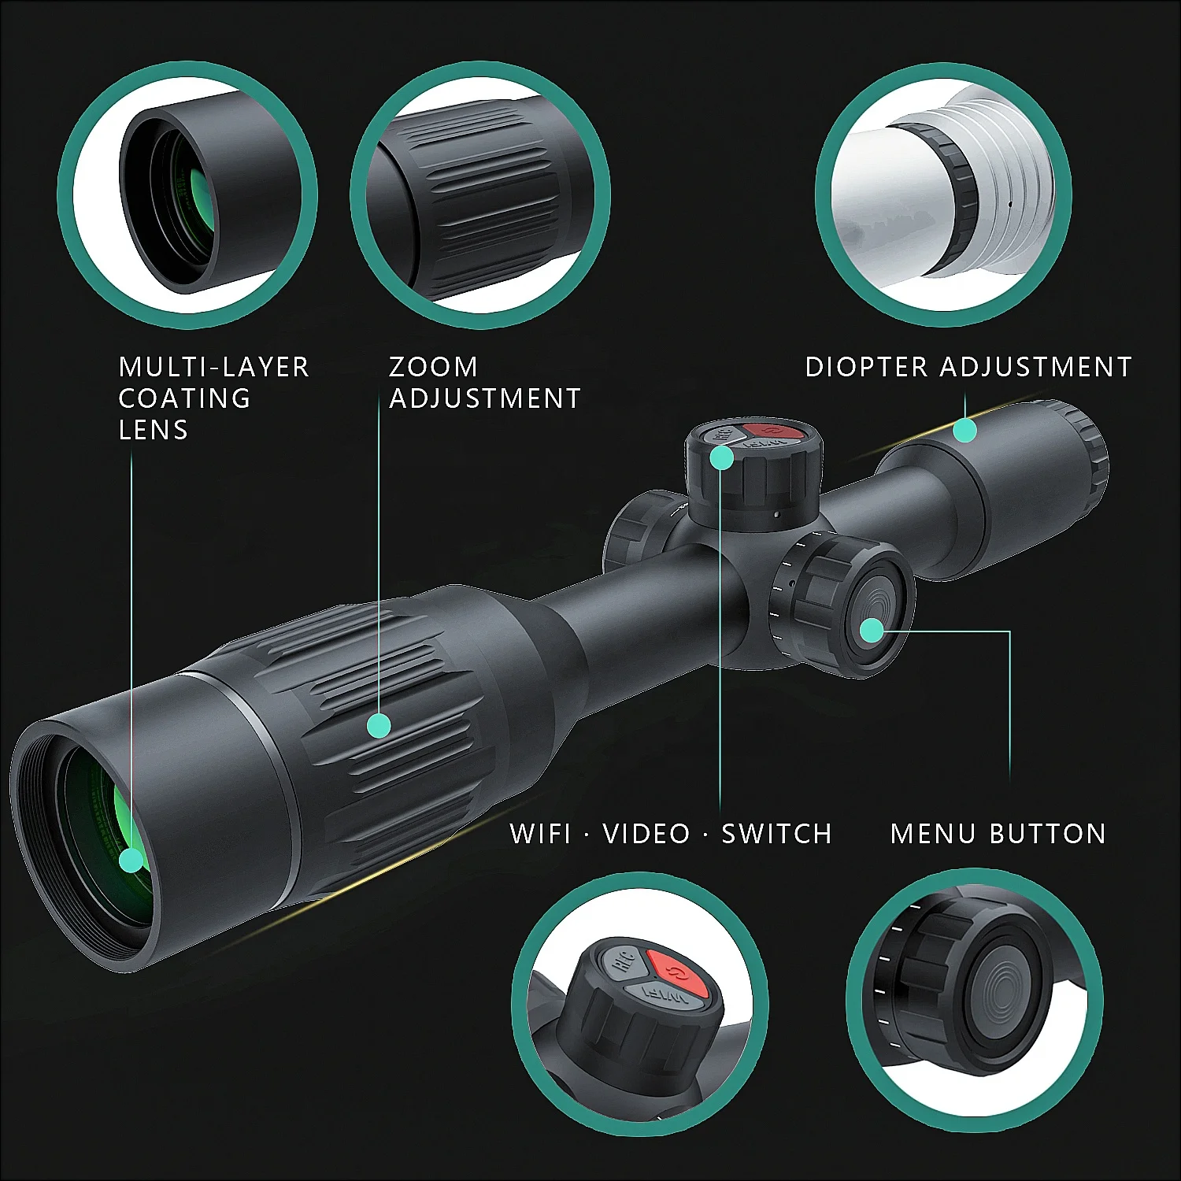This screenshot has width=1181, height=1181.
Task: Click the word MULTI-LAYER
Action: point(213,367)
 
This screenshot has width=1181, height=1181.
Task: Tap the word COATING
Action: point(184,398)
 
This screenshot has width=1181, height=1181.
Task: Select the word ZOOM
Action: point(433,367)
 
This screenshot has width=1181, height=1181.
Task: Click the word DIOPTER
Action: point(866,367)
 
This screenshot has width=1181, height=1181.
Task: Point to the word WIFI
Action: point(540,834)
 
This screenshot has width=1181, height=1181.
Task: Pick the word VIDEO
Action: point(646,834)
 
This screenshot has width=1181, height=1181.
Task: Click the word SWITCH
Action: point(776,834)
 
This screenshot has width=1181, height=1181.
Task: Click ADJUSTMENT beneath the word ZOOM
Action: point(485,398)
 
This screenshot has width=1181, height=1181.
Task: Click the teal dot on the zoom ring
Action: point(379,725)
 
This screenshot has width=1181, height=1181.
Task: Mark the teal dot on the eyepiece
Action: point(965,431)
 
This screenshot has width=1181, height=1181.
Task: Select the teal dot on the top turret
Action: point(721,457)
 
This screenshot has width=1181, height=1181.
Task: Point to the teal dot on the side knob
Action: point(872,631)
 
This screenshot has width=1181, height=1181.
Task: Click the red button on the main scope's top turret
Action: point(772,431)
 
